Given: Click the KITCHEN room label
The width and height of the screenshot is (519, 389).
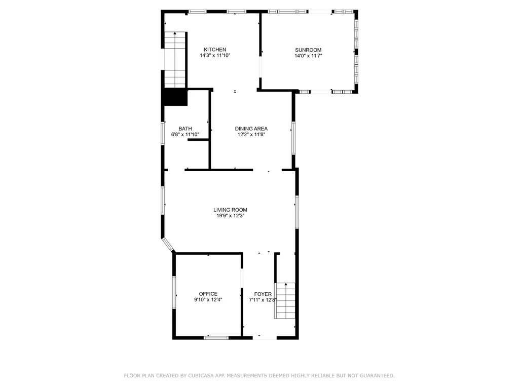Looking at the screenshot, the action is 215,50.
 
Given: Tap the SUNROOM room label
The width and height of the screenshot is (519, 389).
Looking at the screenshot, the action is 308,50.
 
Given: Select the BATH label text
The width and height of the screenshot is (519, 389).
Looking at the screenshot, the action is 185,129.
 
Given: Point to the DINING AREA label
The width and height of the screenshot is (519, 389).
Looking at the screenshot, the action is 251,129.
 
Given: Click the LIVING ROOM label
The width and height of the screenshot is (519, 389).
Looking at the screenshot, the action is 231,210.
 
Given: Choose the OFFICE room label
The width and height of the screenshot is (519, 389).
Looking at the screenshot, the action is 208,294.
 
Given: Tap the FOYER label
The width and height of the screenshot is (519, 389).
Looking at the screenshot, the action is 263,294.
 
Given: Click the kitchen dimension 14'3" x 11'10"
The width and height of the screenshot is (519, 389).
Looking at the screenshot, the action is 215,56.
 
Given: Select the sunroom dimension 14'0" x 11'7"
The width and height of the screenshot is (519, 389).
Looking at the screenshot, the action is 308,56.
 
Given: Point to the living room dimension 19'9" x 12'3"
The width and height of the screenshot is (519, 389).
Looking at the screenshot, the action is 231,216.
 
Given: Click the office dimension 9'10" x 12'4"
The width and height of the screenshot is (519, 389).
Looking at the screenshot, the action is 208,300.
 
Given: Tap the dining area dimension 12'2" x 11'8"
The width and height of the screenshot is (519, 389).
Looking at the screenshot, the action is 251,135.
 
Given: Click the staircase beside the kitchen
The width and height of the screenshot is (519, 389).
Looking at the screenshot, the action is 175,60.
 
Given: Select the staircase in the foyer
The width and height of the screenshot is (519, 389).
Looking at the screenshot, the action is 285,301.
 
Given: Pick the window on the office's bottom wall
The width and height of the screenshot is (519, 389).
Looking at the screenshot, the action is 216,338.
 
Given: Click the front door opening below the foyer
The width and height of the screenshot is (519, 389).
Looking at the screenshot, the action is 265,338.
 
